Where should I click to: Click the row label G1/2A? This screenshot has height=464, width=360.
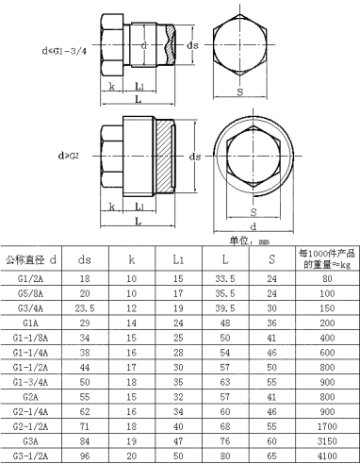click(x=30, y=279)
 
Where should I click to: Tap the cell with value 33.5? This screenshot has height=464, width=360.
click(x=223, y=279)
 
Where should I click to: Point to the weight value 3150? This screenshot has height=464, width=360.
click(x=326, y=439)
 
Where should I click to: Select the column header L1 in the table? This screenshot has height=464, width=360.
click(x=178, y=257)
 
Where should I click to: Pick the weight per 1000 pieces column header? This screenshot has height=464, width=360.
click(x=325, y=257)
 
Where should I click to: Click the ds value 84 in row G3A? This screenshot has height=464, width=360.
click(x=85, y=439)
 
